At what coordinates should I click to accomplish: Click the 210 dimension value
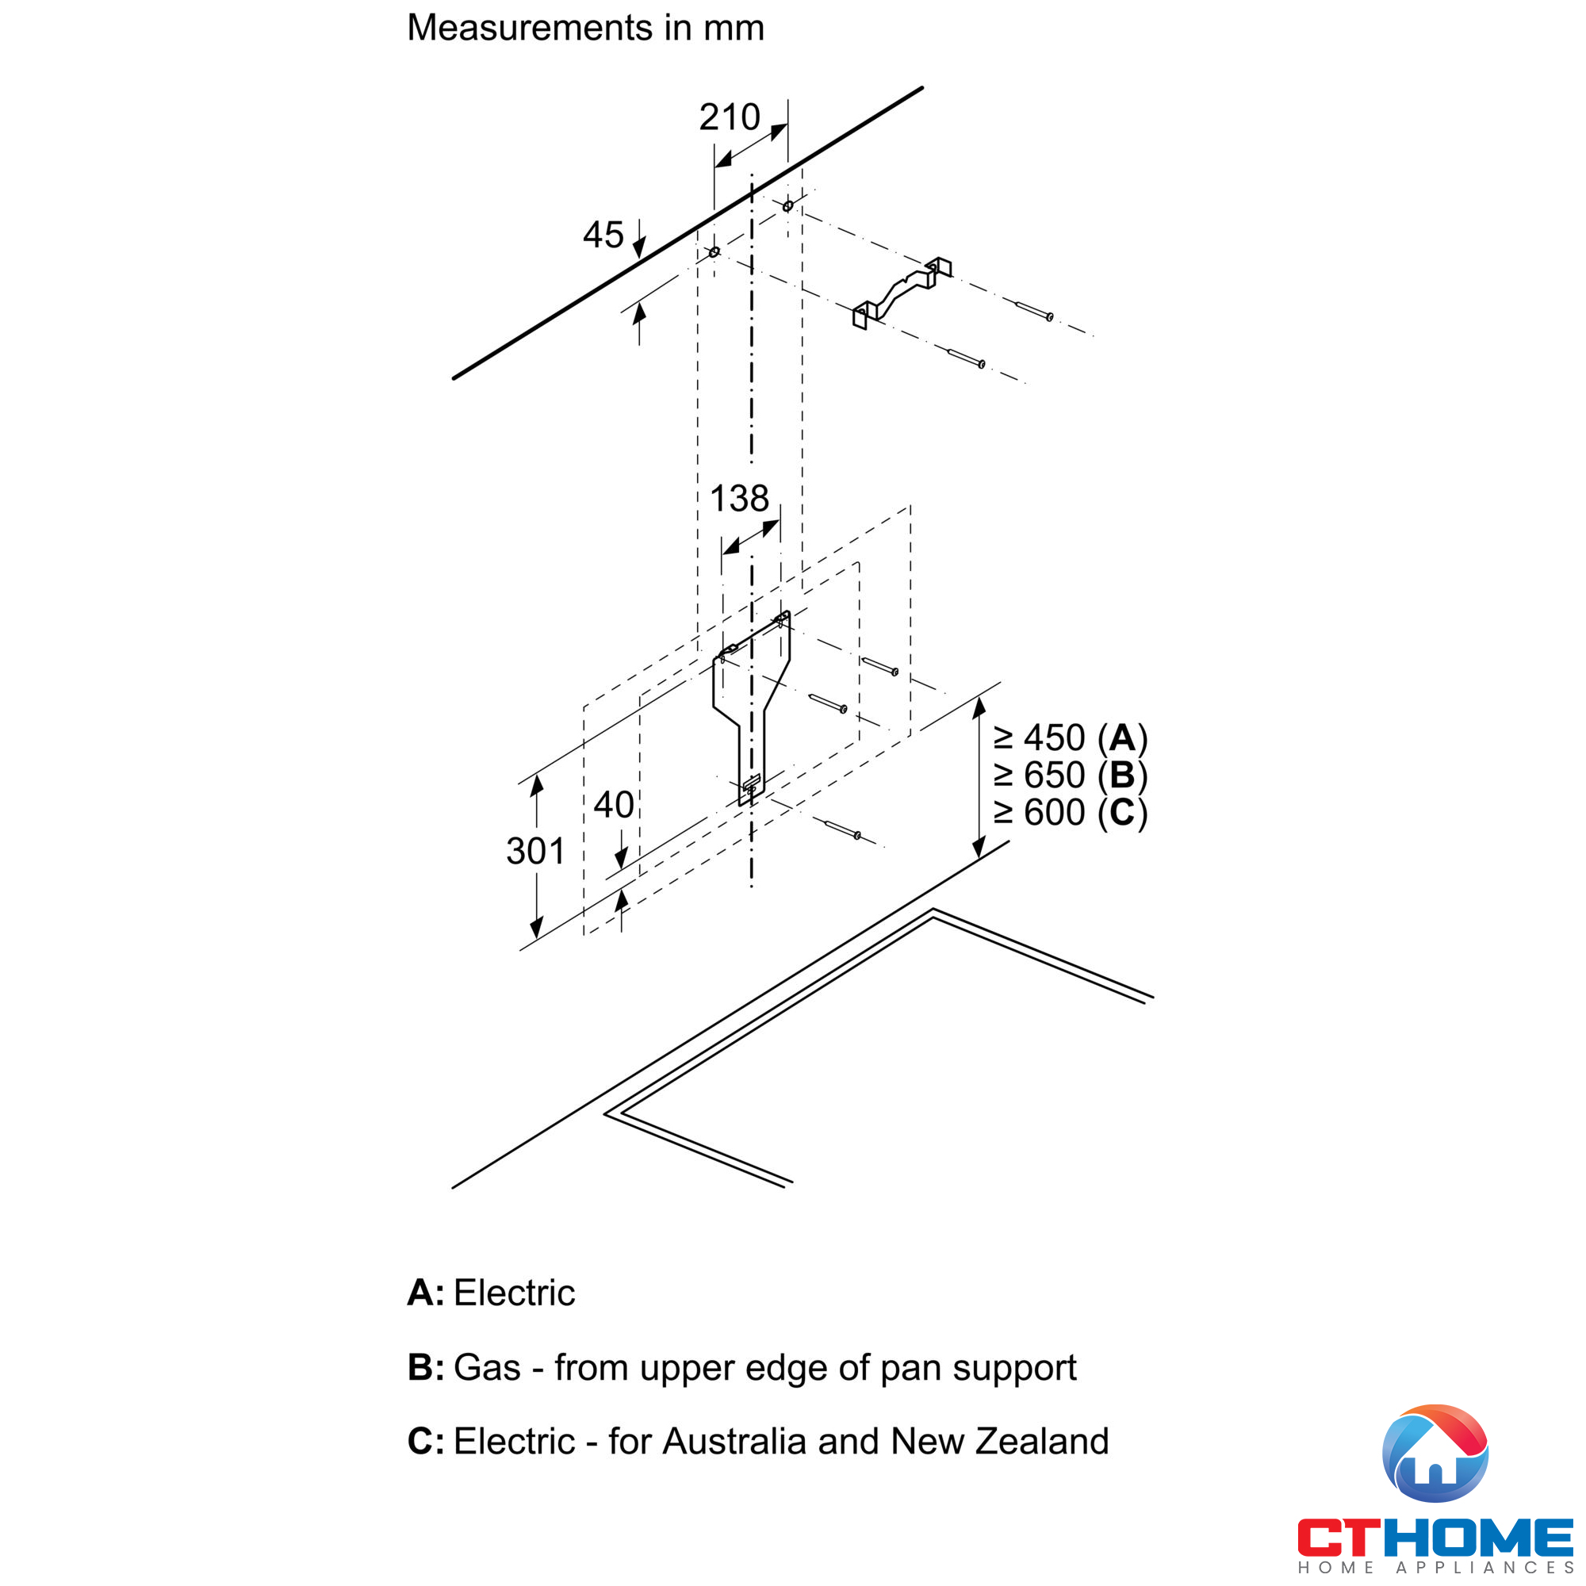point(730,117)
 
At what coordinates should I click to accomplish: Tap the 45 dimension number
point(603,235)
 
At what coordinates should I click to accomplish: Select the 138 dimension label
point(739,498)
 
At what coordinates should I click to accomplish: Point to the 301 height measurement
point(535,851)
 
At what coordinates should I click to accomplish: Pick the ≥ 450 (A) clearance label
point(1071,738)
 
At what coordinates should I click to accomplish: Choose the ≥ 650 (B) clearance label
point(1071,776)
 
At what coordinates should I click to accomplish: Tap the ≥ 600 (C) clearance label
point(1071,814)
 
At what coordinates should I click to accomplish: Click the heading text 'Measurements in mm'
point(585,28)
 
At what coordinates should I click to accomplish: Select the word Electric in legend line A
point(514,1293)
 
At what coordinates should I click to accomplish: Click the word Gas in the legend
point(487,1368)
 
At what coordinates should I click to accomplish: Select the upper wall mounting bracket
point(902,293)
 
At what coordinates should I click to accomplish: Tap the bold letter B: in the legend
point(426,1368)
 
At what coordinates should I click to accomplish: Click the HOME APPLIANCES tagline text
point(1435,1568)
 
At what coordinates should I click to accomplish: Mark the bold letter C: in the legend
point(426,1442)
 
